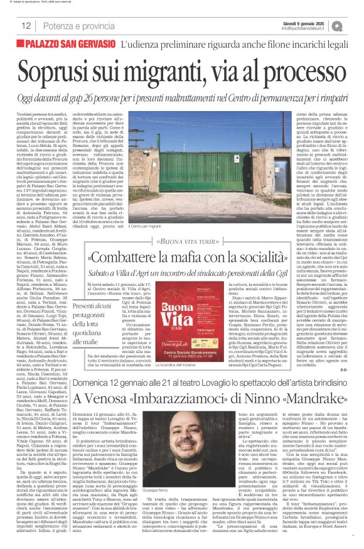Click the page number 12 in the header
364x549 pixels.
coord(26,25)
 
